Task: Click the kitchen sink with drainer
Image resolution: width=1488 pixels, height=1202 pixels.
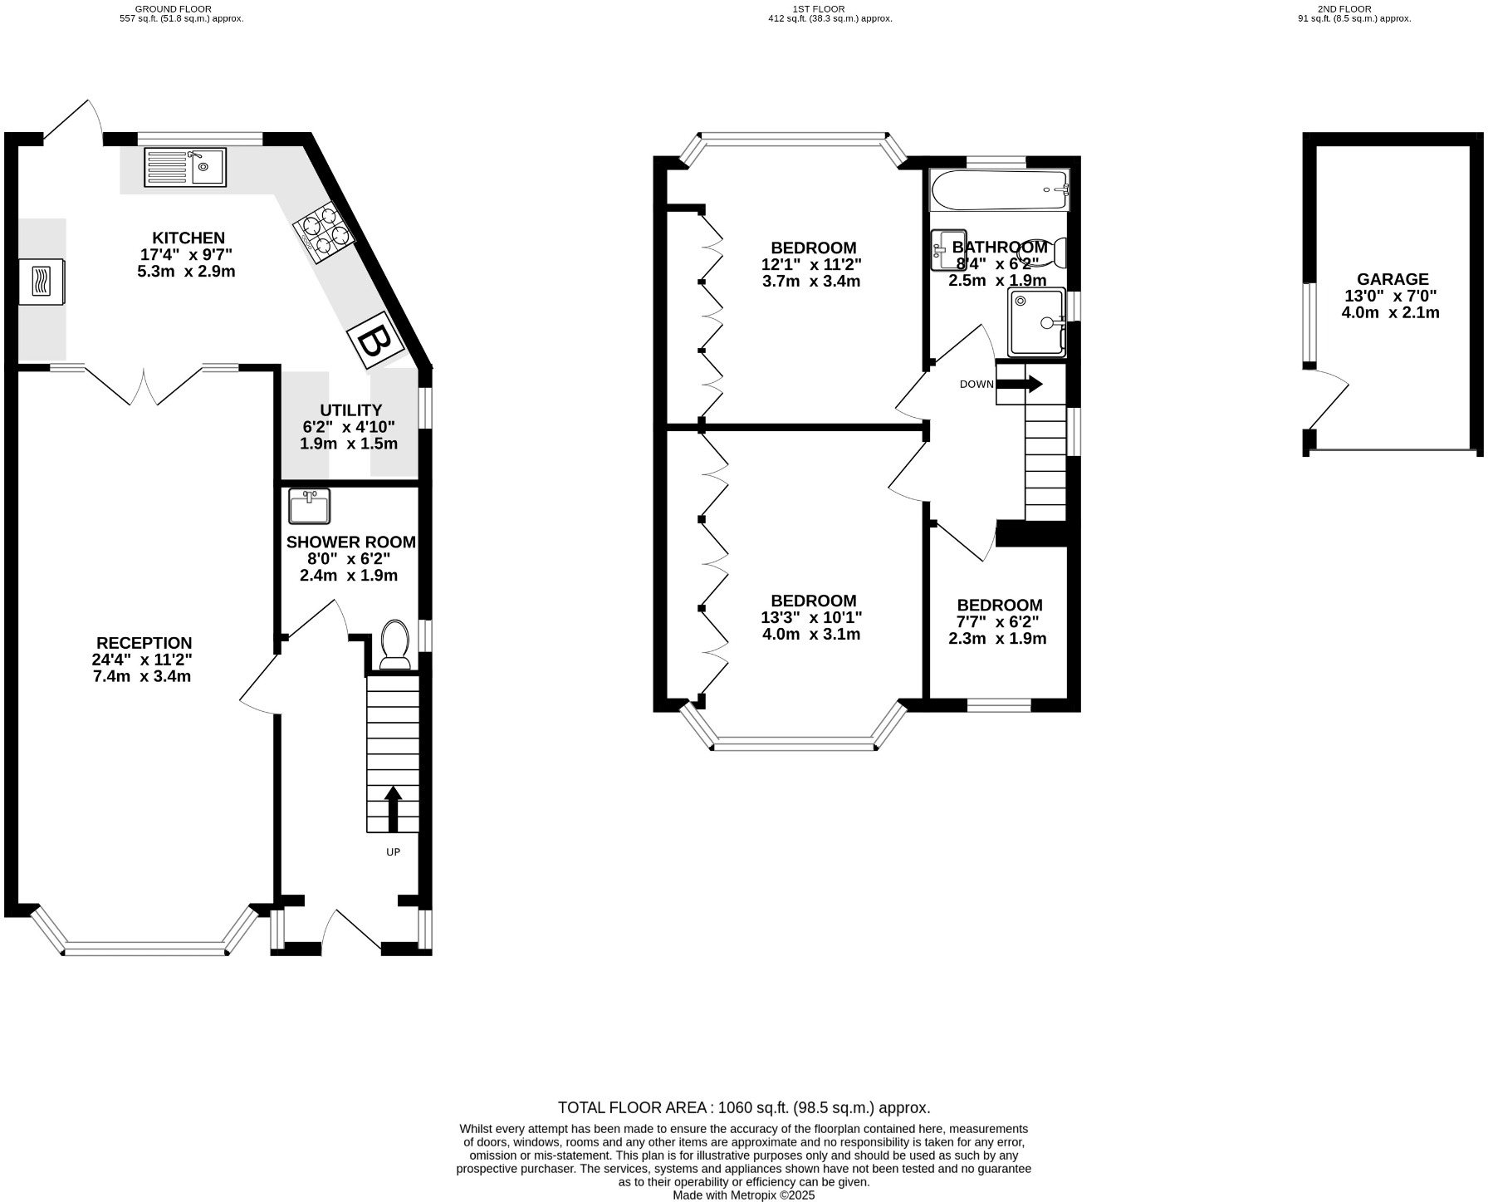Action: pyautogui.click(x=184, y=167)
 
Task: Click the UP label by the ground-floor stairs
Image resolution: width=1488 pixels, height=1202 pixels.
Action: pyautogui.click(x=393, y=852)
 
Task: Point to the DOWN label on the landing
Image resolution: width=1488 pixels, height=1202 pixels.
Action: pyautogui.click(x=976, y=385)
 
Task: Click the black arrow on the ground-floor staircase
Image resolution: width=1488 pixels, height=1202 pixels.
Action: pyautogui.click(x=393, y=809)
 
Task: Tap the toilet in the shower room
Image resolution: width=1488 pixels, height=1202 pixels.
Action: pyautogui.click(x=394, y=645)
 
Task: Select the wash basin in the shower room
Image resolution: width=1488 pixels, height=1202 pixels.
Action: pyautogui.click(x=309, y=506)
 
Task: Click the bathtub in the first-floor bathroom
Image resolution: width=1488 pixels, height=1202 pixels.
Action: pyautogui.click(x=998, y=189)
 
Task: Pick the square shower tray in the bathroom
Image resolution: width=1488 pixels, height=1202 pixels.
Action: pyautogui.click(x=1035, y=321)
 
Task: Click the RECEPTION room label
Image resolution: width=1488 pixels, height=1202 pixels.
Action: pyautogui.click(x=144, y=643)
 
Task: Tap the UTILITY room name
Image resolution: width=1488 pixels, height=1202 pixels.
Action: pyautogui.click(x=350, y=410)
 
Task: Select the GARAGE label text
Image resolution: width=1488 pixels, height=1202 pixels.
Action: pyautogui.click(x=1393, y=279)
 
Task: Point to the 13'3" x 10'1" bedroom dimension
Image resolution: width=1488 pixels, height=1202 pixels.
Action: pyautogui.click(x=811, y=618)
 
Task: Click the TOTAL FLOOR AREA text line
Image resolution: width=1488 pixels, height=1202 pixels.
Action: pyautogui.click(x=743, y=1107)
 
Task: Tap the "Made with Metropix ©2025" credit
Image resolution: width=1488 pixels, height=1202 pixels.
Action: pyautogui.click(x=743, y=1195)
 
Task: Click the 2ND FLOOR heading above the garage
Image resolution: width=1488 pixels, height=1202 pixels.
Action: pyautogui.click(x=1344, y=8)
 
